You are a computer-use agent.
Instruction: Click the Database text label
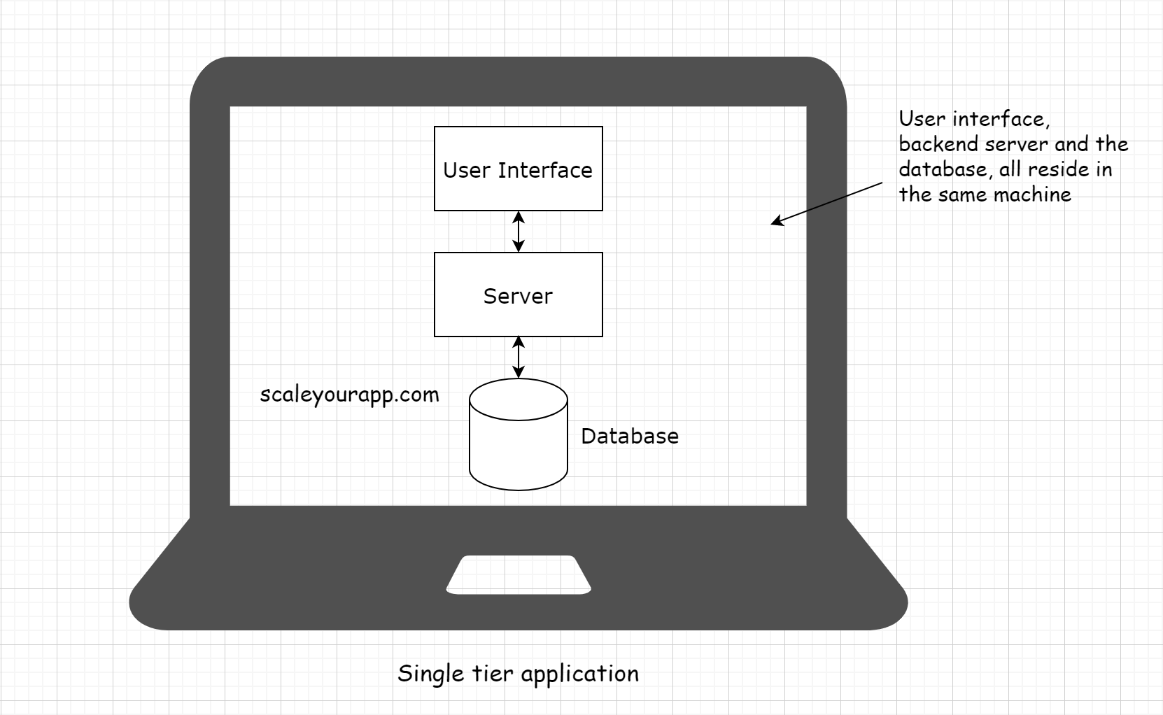(x=630, y=436)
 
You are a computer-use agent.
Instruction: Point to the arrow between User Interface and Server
(x=518, y=232)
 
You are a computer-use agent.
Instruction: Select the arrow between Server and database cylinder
(x=518, y=357)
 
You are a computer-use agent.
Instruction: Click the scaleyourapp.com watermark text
(x=349, y=395)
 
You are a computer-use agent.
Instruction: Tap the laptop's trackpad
(x=519, y=575)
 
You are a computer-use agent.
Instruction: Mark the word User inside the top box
(x=467, y=170)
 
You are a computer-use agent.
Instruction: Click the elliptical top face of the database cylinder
(x=518, y=399)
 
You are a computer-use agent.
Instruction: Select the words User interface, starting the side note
(x=973, y=119)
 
